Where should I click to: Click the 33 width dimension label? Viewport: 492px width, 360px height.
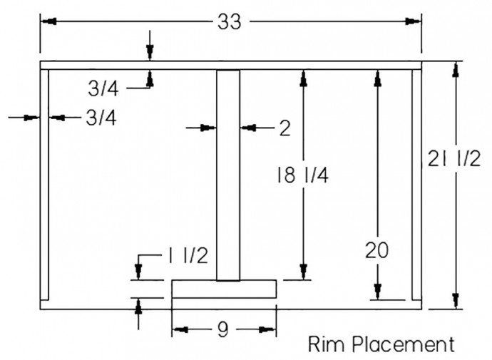(x=230, y=22)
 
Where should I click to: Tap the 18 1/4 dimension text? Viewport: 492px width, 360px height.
(x=302, y=174)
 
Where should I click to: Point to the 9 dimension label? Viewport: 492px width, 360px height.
(x=223, y=329)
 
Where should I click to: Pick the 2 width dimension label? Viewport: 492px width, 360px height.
(x=285, y=128)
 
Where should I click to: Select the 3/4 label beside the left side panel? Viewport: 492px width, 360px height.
(x=100, y=118)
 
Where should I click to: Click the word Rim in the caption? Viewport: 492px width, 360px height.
(x=326, y=345)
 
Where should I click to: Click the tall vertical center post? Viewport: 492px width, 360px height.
(x=229, y=175)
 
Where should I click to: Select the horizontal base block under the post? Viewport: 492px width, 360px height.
(x=224, y=289)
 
